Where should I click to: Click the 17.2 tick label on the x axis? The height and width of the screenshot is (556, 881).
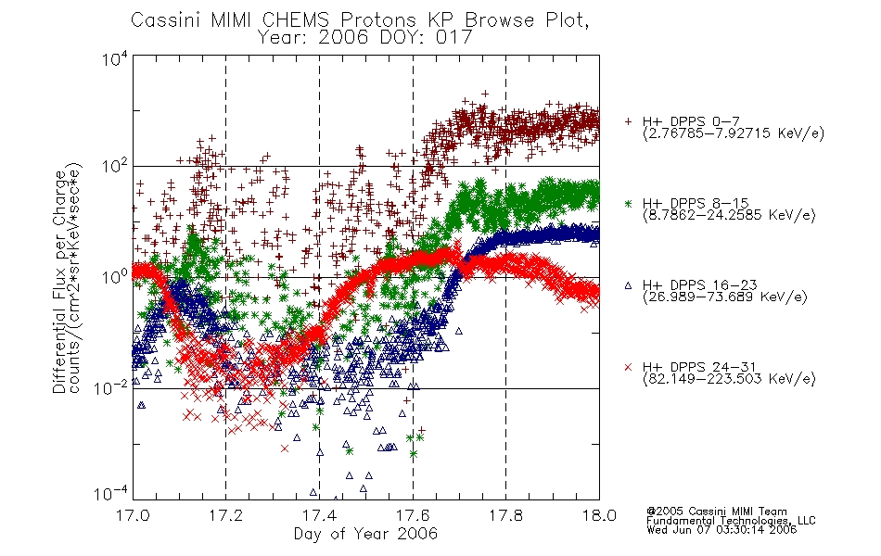point(226,515)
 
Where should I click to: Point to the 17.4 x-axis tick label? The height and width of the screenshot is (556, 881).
point(319,515)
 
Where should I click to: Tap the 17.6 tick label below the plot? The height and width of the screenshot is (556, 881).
point(413,515)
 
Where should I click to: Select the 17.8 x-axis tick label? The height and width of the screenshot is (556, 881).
point(505,515)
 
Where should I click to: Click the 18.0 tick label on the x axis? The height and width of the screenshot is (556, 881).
point(599,515)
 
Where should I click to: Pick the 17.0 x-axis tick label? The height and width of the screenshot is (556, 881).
point(133,515)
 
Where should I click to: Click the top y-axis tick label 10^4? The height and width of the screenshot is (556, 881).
point(115,58)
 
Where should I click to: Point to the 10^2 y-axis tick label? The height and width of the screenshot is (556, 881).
point(115,167)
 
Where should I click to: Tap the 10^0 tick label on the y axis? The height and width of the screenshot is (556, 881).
point(115,277)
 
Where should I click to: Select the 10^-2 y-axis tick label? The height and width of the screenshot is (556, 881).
point(111,387)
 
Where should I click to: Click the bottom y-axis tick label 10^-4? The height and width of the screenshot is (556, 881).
point(111,494)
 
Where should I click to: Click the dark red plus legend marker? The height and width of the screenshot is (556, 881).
point(628,121)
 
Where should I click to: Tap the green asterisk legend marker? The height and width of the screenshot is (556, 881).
point(628,203)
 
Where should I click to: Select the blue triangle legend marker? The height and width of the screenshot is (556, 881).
point(628,285)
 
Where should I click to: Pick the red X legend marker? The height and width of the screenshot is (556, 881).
point(628,367)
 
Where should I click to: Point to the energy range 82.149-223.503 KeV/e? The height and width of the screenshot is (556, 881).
point(729,379)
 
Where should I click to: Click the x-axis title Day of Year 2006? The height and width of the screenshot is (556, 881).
point(365,534)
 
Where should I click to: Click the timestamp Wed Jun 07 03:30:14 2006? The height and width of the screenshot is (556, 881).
point(721,530)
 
